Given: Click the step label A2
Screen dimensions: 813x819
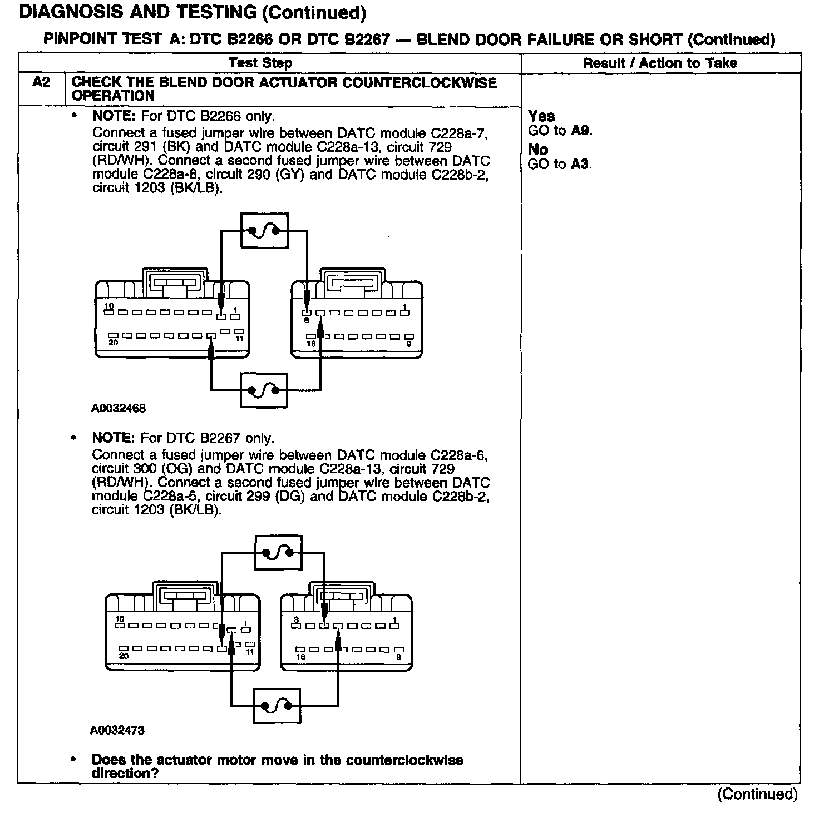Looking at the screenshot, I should [x=41, y=82].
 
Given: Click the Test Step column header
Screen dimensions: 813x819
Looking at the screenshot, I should [x=260, y=63].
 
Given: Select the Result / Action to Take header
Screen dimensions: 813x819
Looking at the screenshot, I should [x=660, y=63].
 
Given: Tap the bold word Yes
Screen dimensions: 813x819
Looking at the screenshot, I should [x=541, y=116].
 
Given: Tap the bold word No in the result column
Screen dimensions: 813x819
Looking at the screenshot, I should [x=538, y=150].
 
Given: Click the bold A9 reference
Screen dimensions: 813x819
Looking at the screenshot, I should [x=581, y=131].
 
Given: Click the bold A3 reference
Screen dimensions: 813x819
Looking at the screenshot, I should [x=581, y=164].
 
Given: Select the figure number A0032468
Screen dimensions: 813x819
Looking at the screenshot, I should [x=119, y=408].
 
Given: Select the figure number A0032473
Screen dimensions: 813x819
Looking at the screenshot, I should [x=117, y=730].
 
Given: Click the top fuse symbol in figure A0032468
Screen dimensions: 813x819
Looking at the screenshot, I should [x=264, y=230].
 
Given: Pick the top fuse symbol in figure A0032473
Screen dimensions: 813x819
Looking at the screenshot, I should [x=278, y=553].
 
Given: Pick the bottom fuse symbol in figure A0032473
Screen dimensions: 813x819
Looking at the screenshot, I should [x=277, y=706].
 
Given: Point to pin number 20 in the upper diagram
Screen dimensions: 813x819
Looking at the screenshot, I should [x=113, y=343].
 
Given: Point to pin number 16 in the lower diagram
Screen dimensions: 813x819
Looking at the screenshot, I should [x=301, y=657].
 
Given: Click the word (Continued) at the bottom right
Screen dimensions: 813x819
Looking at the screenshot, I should [x=758, y=794].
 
